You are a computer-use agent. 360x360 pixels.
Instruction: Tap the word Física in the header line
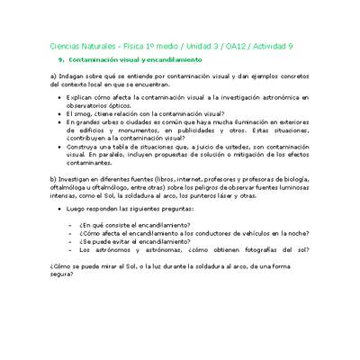(116, 45)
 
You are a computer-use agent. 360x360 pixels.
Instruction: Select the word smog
(84, 115)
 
